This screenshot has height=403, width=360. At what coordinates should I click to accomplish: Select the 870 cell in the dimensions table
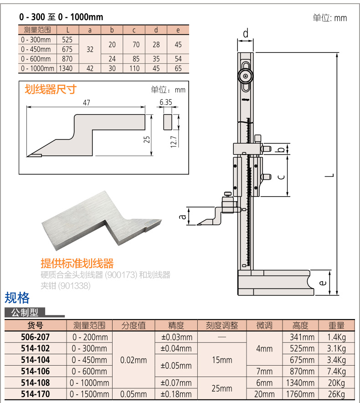pos(67,59)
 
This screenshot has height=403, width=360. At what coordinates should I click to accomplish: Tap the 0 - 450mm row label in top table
pos(36,49)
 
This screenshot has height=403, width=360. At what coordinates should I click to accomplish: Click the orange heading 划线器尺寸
pos(51,89)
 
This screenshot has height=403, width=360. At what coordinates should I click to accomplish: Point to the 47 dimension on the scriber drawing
pos(87,103)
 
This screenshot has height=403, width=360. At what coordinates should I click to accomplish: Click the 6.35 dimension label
pos(166,102)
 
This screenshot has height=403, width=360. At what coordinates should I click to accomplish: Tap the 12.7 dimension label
pos(174,142)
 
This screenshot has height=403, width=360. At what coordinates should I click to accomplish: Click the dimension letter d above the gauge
pos(246,33)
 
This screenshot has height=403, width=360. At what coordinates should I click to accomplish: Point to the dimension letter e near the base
pos(323,283)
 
